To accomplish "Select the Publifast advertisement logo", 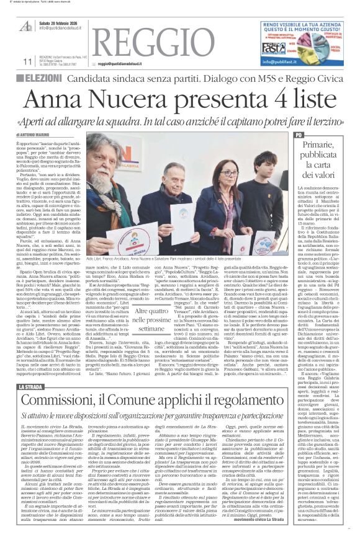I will (274, 50).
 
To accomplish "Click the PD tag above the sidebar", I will (299, 135).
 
